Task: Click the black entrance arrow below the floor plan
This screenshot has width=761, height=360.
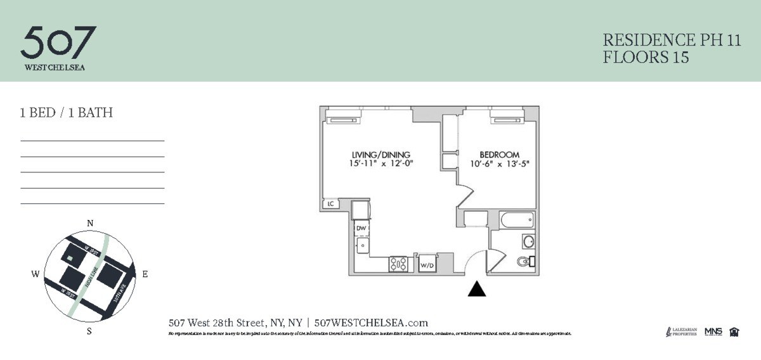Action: click(x=477, y=289)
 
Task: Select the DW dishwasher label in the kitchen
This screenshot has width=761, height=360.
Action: click(x=361, y=228)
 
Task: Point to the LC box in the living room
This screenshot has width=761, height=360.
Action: click(x=330, y=204)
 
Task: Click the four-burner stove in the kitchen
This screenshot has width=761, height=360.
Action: click(x=398, y=264)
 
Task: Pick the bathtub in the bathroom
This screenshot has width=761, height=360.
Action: click(x=516, y=221)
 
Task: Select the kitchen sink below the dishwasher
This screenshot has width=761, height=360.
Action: click(x=362, y=245)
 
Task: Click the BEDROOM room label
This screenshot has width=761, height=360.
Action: click(x=499, y=155)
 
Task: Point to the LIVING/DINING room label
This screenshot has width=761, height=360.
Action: click(x=381, y=155)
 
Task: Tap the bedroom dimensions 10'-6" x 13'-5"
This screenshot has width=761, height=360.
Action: click(x=499, y=164)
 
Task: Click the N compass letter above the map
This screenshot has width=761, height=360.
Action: click(x=90, y=223)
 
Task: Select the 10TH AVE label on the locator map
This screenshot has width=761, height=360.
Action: click(x=119, y=292)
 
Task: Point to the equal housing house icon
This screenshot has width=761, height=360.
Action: click(x=734, y=331)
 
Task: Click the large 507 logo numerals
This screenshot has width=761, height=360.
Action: click(x=58, y=42)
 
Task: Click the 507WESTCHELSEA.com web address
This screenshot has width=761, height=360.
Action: click(x=371, y=322)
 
